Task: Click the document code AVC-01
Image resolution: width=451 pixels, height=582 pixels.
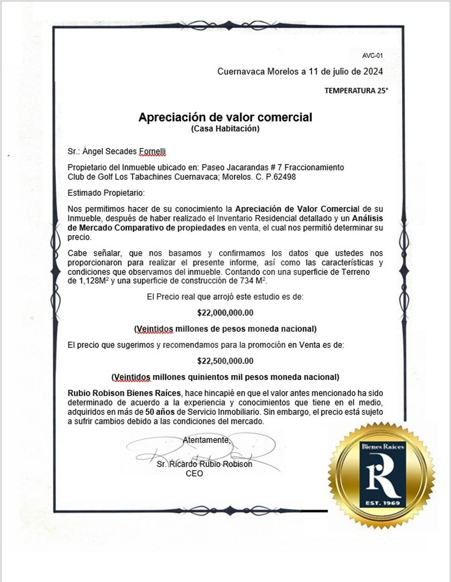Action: (372, 56)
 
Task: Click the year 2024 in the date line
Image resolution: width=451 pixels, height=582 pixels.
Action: (373, 71)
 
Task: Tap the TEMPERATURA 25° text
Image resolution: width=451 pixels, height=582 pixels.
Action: (356, 91)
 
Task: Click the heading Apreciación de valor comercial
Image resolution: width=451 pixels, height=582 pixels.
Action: (225, 117)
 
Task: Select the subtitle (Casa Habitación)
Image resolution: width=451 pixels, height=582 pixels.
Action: (225, 129)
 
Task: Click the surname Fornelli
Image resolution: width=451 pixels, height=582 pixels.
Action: (152, 151)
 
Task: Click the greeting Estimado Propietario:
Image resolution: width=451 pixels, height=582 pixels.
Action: (106, 193)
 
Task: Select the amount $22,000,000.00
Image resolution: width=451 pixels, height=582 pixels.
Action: (225, 313)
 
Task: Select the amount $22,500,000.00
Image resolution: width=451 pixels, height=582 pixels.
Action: (225, 361)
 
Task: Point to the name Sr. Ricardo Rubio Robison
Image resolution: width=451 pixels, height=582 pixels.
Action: (204, 464)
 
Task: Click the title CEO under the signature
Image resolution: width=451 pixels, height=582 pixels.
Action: (194, 473)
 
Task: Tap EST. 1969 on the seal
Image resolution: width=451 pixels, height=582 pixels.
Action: (382, 503)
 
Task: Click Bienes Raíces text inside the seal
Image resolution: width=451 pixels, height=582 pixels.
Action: (383, 447)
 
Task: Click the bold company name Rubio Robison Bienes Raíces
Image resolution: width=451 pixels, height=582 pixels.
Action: (124, 393)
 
